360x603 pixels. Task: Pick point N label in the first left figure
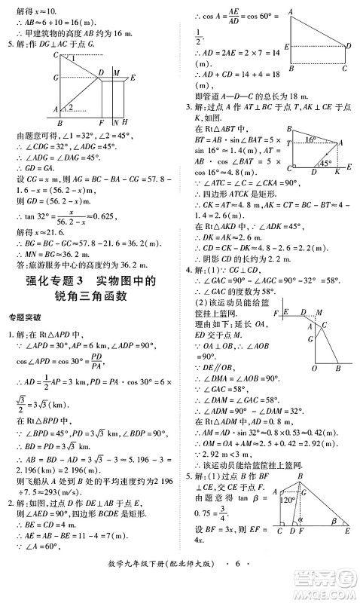(114, 121)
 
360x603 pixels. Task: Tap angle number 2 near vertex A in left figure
(70, 108)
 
